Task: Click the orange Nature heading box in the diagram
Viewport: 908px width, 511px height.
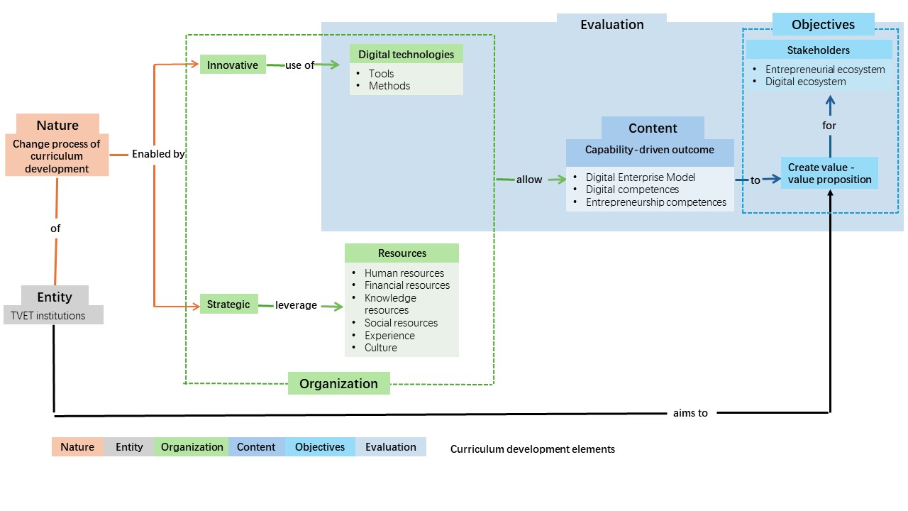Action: [x=57, y=125]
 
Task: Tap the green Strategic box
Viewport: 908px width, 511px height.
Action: [x=228, y=304]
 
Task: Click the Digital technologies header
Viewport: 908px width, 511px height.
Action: [x=406, y=54]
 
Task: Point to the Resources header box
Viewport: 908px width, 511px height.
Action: [x=402, y=253]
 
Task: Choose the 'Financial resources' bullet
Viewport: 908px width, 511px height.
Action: [x=406, y=285]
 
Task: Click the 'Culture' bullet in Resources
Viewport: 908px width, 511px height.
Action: [x=381, y=348]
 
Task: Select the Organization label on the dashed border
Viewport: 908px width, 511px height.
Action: [x=338, y=383]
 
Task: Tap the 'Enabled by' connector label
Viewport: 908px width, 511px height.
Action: [x=158, y=153]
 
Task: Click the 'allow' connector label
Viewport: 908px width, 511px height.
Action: [x=529, y=180]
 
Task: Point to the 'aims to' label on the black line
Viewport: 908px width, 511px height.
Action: [x=690, y=412]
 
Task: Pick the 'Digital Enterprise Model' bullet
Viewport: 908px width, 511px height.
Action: [x=640, y=177]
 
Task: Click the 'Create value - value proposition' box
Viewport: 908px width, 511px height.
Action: [x=829, y=173]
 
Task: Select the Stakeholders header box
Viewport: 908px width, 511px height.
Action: [x=818, y=50]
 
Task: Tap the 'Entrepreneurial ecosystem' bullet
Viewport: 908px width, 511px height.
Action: [x=825, y=70]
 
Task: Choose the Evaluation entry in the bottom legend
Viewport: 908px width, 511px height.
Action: [x=390, y=447]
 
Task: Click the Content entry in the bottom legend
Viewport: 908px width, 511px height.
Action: [x=256, y=447]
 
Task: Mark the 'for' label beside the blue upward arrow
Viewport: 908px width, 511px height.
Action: [x=829, y=126]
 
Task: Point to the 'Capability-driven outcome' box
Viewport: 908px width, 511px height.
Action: [x=649, y=150]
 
